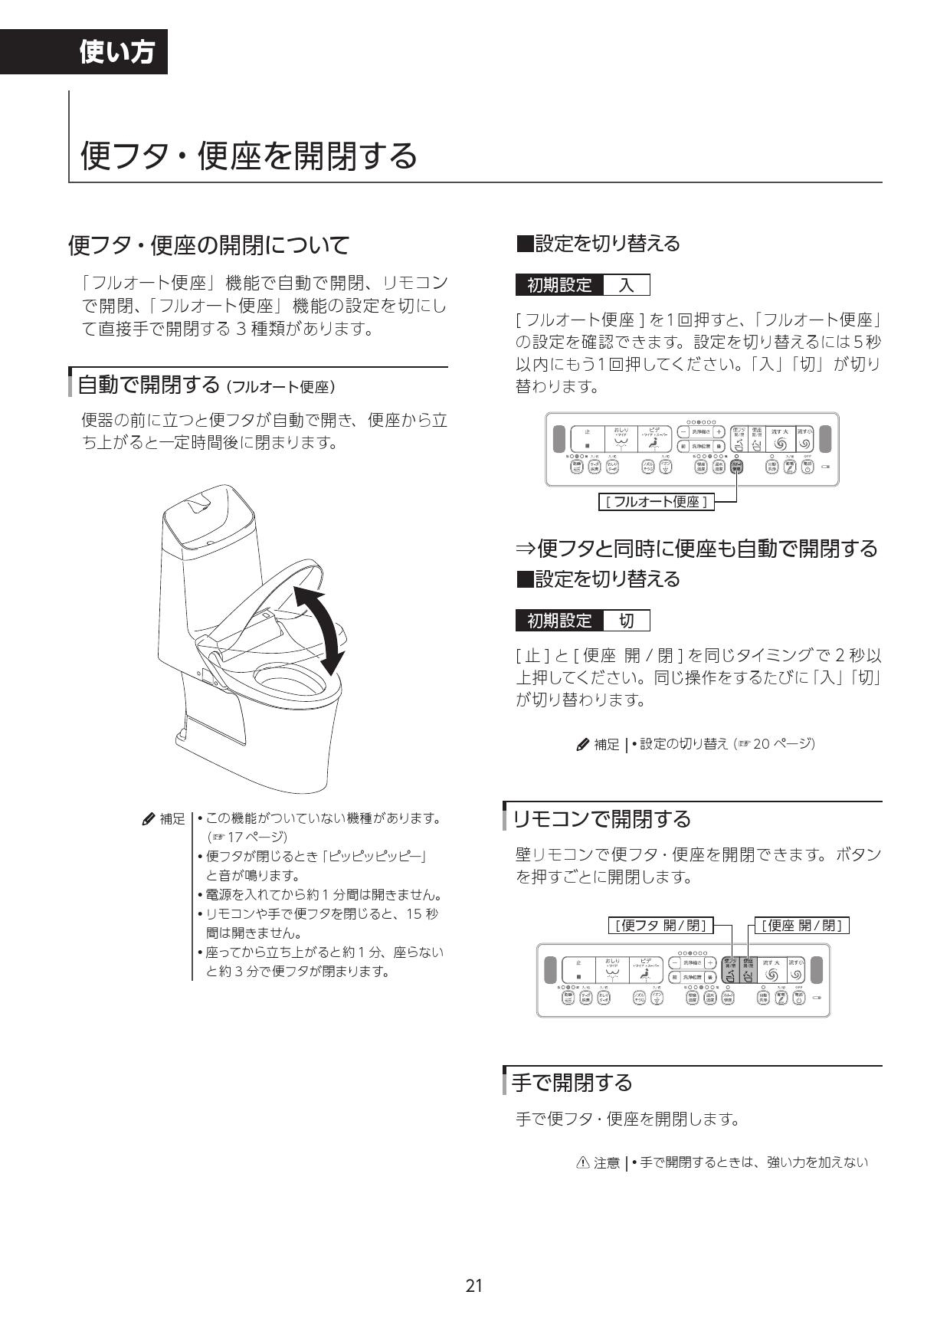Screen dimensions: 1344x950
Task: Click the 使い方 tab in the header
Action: point(116,52)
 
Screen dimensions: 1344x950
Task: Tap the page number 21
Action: point(474,1285)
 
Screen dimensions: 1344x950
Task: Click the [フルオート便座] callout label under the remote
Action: point(656,502)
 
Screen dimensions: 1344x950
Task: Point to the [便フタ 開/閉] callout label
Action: point(660,925)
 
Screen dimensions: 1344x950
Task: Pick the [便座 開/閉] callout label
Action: point(802,925)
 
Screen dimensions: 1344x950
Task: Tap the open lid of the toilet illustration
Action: point(268,605)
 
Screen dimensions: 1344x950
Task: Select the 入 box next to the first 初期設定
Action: point(627,286)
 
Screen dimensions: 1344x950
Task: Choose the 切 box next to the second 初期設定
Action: point(627,620)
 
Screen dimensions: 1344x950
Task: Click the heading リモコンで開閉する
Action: point(601,818)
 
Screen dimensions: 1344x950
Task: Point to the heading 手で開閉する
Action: point(572,1082)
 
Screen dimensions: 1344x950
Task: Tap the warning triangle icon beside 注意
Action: point(582,1162)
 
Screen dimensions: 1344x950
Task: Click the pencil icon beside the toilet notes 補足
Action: point(149,819)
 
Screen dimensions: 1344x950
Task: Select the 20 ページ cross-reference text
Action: point(782,743)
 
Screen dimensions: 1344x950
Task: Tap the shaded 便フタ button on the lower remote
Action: point(729,970)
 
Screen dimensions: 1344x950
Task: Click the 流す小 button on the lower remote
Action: point(797,970)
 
